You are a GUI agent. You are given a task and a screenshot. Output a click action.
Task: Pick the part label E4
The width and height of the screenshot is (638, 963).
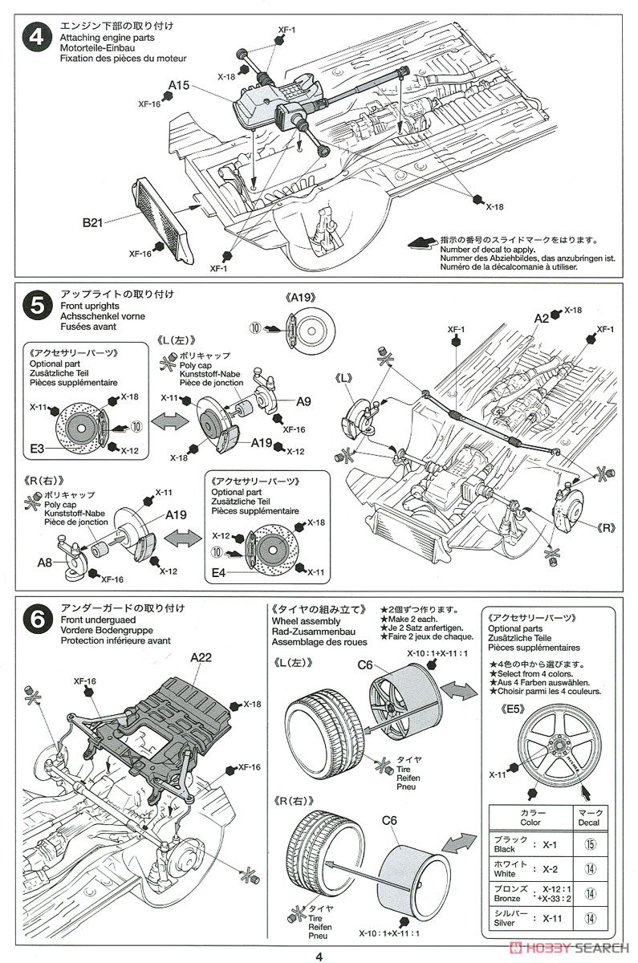[217, 574]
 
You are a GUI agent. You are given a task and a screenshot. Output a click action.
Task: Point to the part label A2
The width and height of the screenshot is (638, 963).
[542, 319]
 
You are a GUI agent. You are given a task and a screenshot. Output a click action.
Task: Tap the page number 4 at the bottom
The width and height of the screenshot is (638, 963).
[319, 956]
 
